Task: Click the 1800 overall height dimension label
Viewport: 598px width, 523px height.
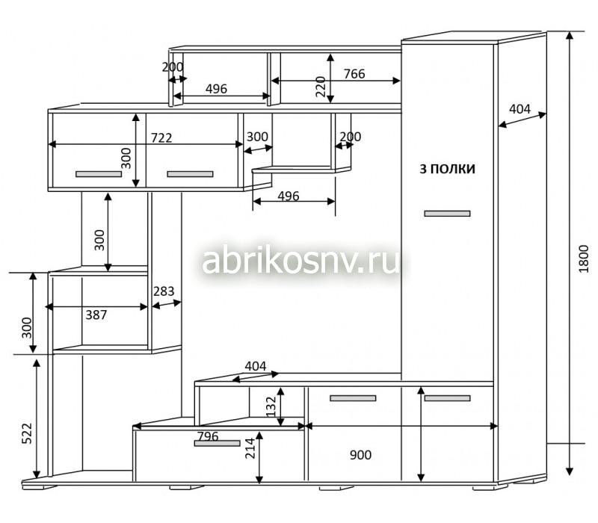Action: click(x=584, y=259)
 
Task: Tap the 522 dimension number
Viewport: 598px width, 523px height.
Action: click(x=27, y=433)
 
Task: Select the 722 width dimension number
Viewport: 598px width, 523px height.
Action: click(x=161, y=137)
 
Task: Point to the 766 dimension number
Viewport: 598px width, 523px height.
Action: click(x=354, y=73)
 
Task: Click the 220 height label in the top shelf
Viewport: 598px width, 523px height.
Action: click(x=321, y=87)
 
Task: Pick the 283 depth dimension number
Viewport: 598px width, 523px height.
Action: click(x=164, y=291)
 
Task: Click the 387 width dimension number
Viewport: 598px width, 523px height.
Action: click(x=96, y=315)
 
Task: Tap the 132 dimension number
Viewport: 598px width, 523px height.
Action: click(x=271, y=406)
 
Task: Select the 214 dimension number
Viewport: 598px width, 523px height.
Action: click(x=250, y=448)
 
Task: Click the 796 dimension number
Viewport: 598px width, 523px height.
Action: click(x=208, y=436)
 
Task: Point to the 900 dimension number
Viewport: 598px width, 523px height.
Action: click(x=360, y=455)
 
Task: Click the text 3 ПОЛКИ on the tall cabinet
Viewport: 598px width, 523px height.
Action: click(x=447, y=169)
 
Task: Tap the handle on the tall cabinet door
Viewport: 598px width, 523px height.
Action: click(x=447, y=214)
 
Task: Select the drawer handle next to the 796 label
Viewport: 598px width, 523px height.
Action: click(x=217, y=443)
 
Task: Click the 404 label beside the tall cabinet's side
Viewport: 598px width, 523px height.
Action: click(x=520, y=109)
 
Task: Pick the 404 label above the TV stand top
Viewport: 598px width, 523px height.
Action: click(x=256, y=366)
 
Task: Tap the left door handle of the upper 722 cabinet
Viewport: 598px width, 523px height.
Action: click(x=99, y=174)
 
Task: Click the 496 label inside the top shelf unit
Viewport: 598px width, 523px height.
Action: click(x=216, y=89)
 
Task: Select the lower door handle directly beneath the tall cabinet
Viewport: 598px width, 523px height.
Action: click(x=447, y=398)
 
